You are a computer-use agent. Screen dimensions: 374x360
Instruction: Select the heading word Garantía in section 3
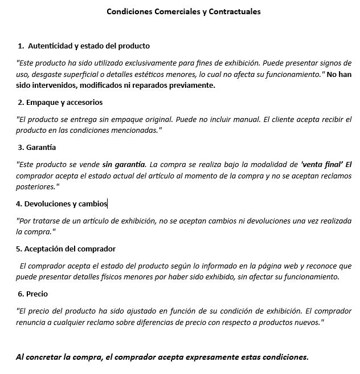tap(41, 147)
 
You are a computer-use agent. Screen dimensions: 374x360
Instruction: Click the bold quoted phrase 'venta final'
tap(321, 164)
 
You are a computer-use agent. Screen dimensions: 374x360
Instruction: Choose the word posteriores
tap(36, 186)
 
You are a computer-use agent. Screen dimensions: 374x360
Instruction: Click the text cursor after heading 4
tap(107, 204)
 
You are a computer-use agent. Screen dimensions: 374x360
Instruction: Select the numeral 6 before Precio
tap(21, 294)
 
